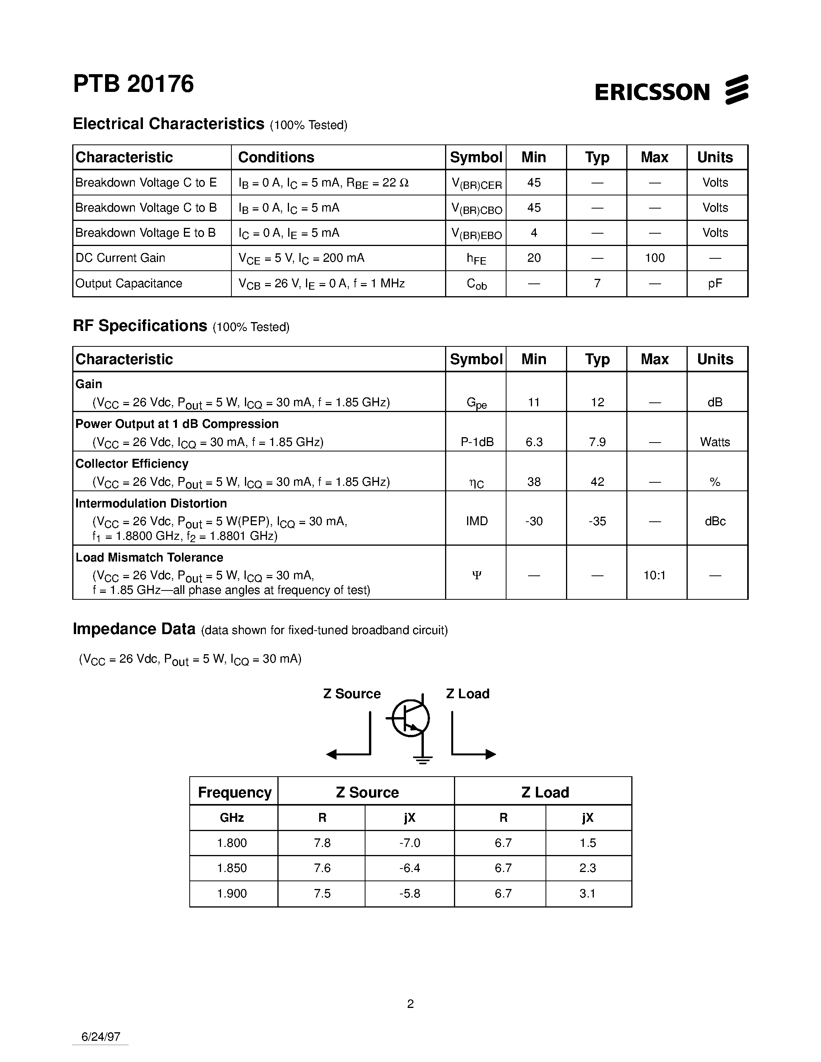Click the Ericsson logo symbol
[x=736, y=90]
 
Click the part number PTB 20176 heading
[x=133, y=84]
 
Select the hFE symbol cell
[x=476, y=258]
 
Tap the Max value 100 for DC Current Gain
[x=654, y=258]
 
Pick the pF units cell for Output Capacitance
[x=715, y=283]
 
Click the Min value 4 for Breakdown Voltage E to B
[x=534, y=233]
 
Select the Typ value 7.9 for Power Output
[x=597, y=442]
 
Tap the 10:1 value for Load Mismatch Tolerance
[x=654, y=576]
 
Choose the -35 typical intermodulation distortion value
[x=597, y=521]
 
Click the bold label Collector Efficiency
[x=132, y=464]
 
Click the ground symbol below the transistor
[x=422, y=760]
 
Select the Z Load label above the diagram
[x=467, y=694]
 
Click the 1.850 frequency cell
[x=232, y=868]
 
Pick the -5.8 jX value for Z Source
[x=409, y=893]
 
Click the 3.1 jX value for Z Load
[x=588, y=893]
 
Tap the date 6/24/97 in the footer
[x=101, y=1037]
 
